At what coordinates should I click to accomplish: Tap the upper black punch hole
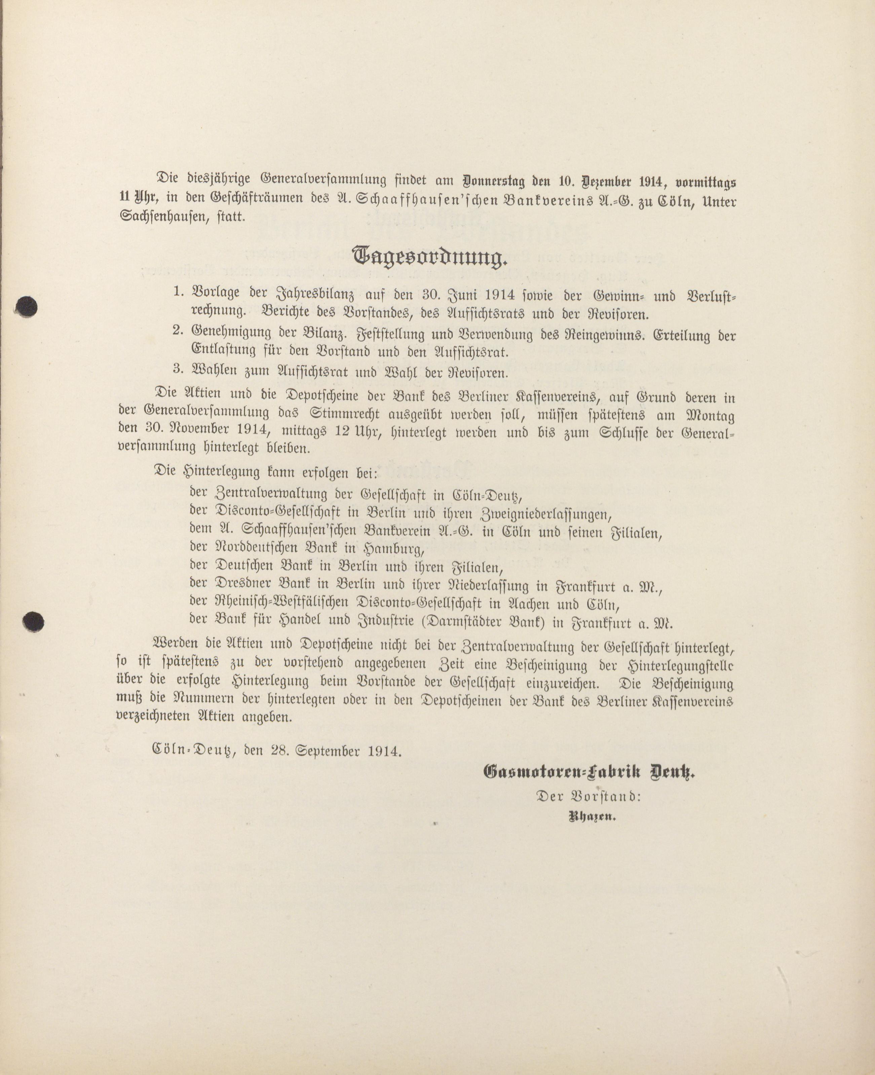click(x=26, y=306)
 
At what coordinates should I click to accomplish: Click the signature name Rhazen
click(x=592, y=817)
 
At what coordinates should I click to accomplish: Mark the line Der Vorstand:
click(x=588, y=796)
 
